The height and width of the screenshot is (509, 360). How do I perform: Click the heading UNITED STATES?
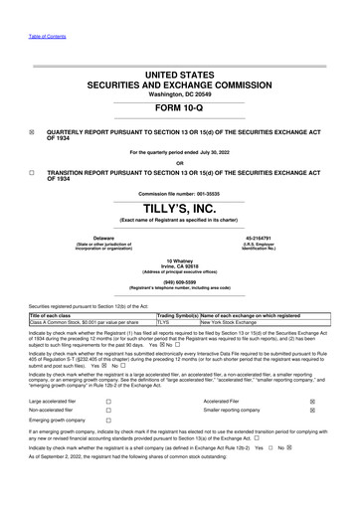tap(180, 75)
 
